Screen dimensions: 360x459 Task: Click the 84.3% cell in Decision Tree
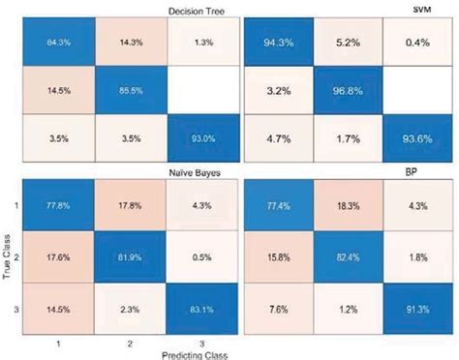click(60, 42)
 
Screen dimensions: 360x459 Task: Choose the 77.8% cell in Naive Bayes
click(60, 204)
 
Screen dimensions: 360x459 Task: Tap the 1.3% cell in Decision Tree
click(201, 42)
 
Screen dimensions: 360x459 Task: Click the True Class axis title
click(9, 259)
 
